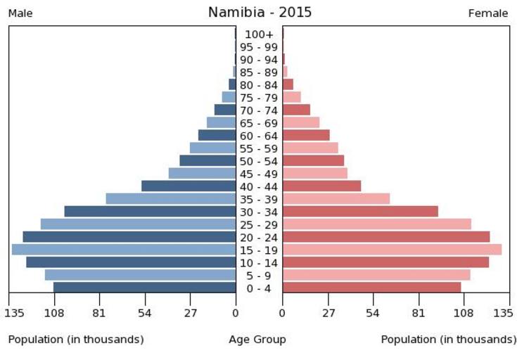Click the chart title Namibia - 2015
click(260, 13)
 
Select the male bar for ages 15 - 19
click(124, 250)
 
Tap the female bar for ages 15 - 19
click(392, 250)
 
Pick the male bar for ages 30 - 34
click(150, 212)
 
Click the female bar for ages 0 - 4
click(371, 288)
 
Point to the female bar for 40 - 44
click(321, 186)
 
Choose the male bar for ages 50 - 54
click(208, 161)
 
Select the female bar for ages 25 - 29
click(376, 224)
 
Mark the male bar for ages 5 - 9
click(140, 275)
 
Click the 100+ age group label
click(259, 34)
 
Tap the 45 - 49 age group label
click(259, 174)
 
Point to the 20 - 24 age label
click(259, 237)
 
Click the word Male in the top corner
click(21, 13)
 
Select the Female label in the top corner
click(488, 13)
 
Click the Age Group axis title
click(257, 340)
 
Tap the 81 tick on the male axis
click(99, 313)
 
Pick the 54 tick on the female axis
click(373, 313)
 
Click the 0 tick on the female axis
click(283, 313)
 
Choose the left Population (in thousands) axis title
click(76, 340)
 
